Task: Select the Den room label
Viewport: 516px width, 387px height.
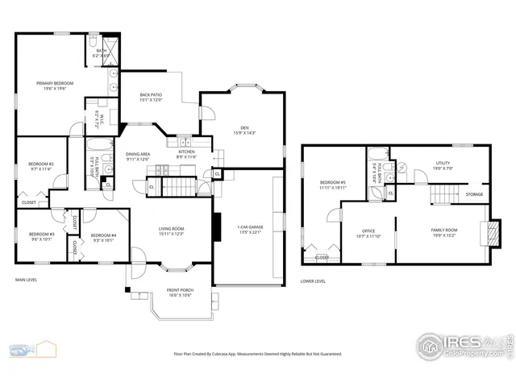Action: point(244,130)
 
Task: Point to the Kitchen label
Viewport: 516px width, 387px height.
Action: point(186,153)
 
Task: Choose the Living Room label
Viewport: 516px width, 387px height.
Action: point(170,231)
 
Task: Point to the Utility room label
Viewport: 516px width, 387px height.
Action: point(443,165)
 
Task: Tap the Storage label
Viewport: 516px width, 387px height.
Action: point(474,194)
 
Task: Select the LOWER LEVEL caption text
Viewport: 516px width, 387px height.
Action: point(313,281)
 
